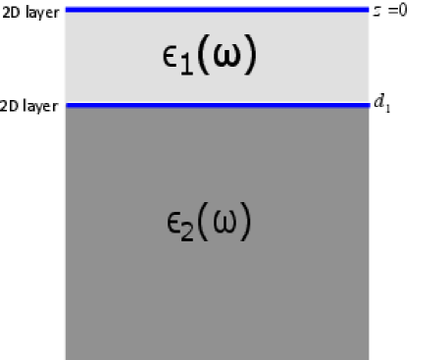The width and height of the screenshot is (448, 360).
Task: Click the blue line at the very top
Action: [217, 9]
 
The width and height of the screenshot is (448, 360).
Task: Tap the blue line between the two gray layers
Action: [217, 103]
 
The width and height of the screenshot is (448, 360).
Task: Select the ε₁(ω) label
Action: [209, 57]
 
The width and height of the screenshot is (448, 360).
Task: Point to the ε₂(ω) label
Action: [209, 222]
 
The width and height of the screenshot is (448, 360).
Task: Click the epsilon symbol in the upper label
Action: [171, 56]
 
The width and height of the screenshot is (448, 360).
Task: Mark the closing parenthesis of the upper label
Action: [251, 57]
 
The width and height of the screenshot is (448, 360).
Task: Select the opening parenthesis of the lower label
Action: [206, 222]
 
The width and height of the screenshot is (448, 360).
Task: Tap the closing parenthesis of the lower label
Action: [248, 222]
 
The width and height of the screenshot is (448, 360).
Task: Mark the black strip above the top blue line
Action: [217, 2]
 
